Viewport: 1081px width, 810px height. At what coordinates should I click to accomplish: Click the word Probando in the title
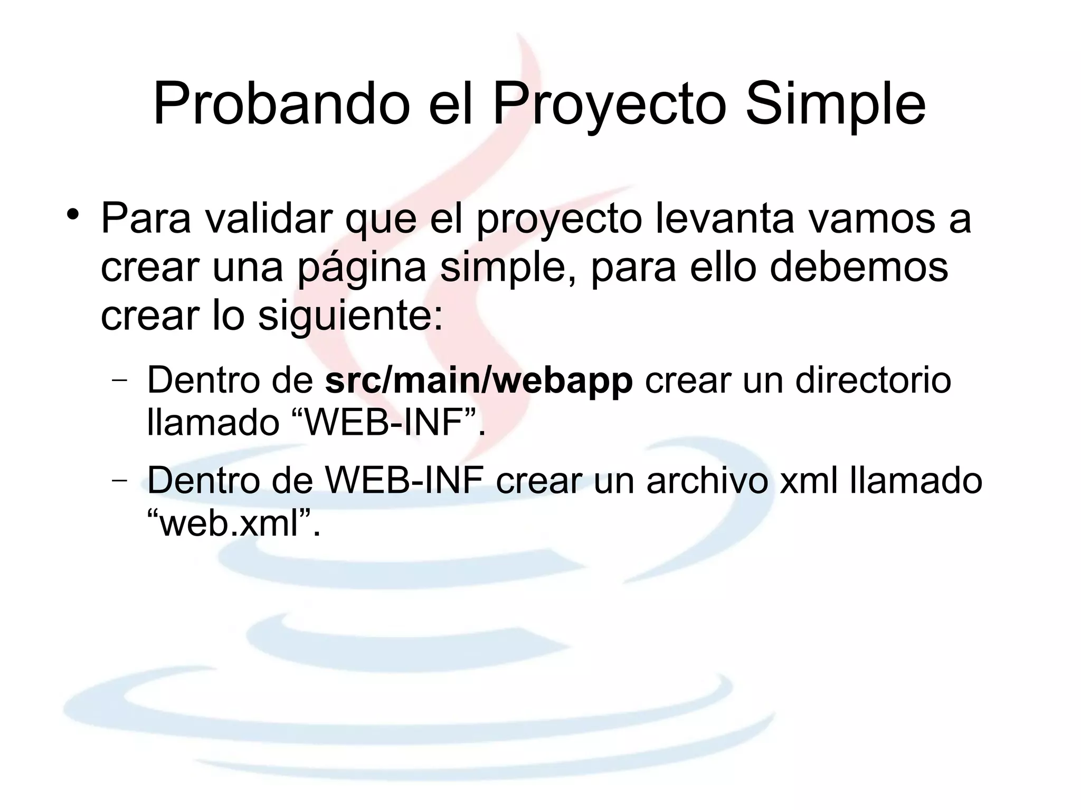281,104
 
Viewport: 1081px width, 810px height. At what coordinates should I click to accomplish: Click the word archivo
707,481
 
